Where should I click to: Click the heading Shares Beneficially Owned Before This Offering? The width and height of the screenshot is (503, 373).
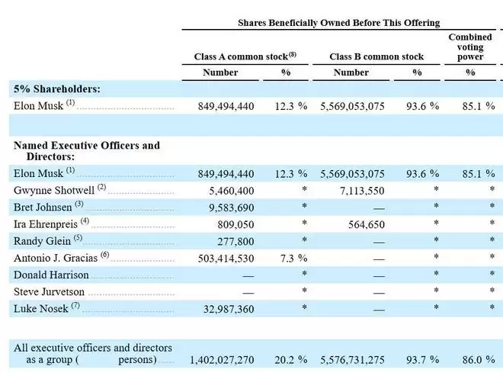click(x=338, y=23)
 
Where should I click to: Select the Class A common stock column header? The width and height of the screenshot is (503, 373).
click(x=245, y=56)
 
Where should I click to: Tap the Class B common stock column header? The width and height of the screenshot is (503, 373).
click(x=376, y=56)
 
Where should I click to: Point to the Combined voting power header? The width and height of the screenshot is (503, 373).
click(x=470, y=47)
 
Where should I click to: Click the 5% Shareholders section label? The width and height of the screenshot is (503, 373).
click(x=57, y=89)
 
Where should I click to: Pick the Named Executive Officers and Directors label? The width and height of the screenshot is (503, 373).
click(x=87, y=150)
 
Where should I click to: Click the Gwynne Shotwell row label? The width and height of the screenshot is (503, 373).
click(x=54, y=190)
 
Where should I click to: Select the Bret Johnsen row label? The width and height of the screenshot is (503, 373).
click(x=43, y=207)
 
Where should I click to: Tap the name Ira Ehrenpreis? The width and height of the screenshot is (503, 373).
click(x=46, y=224)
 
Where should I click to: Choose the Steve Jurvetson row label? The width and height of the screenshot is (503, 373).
click(x=49, y=292)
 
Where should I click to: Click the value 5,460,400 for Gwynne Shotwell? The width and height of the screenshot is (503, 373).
click(x=231, y=191)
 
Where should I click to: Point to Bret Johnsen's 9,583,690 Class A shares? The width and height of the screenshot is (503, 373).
click(x=231, y=208)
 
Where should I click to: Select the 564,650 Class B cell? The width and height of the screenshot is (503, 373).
click(x=367, y=225)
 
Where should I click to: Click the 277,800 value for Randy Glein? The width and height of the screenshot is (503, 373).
click(x=235, y=242)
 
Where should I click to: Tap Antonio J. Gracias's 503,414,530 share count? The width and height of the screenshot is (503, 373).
click(x=226, y=259)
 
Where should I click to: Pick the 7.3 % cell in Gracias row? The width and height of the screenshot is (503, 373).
click(x=293, y=258)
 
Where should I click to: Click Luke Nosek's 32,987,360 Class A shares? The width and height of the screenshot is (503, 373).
click(x=229, y=309)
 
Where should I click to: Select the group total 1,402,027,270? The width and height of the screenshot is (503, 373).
click(x=222, y=360)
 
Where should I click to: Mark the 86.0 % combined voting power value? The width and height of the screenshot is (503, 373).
click(x=479, y=360)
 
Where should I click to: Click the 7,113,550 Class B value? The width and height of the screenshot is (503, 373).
click(x=362, y=191)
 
